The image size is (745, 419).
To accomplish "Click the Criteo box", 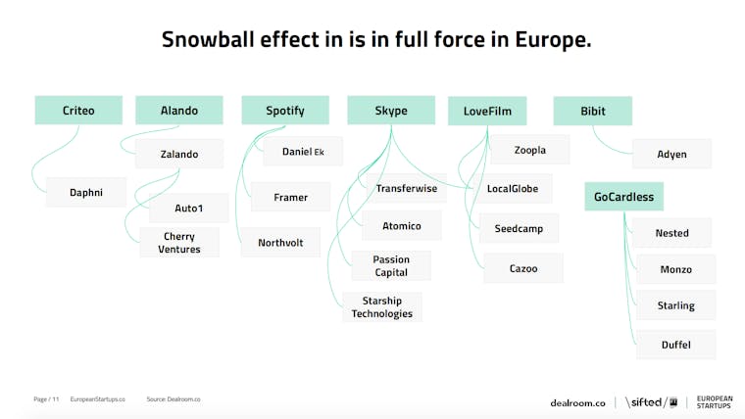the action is [78, 110].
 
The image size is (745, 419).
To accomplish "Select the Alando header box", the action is [179, 110].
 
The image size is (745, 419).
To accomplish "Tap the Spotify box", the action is [285, 110].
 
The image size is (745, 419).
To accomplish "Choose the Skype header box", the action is [391, 110].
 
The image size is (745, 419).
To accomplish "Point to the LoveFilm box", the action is [487, 111].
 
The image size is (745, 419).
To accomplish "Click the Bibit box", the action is [592, 111].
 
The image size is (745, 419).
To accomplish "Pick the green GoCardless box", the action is [623, 197].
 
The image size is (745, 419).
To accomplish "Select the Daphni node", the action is [86, 192].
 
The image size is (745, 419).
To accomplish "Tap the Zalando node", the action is [179, 154].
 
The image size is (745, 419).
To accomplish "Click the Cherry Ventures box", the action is [179, 243].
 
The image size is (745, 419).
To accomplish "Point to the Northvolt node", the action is [280, 243].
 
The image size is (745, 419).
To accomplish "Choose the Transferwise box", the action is [406, 188].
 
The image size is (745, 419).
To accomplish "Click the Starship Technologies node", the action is [382, 307].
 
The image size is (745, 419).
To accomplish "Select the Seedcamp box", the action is [519, 228].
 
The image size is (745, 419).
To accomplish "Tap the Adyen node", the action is [671, 154].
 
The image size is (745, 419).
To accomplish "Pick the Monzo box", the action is [675, 269].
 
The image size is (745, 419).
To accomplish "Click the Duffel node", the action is [675, 345].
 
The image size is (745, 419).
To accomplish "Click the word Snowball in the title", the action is [208, 39].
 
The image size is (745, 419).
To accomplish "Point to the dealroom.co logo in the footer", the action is [577, 403].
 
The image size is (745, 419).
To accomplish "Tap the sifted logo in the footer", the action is [652, 402].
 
